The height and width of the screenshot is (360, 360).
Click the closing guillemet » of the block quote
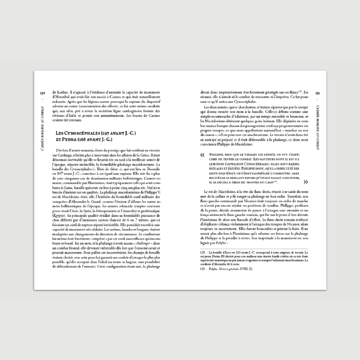coord(306,182)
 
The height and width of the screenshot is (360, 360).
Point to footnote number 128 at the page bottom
coord(202,252)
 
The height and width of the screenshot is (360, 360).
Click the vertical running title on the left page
coord(43,133)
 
